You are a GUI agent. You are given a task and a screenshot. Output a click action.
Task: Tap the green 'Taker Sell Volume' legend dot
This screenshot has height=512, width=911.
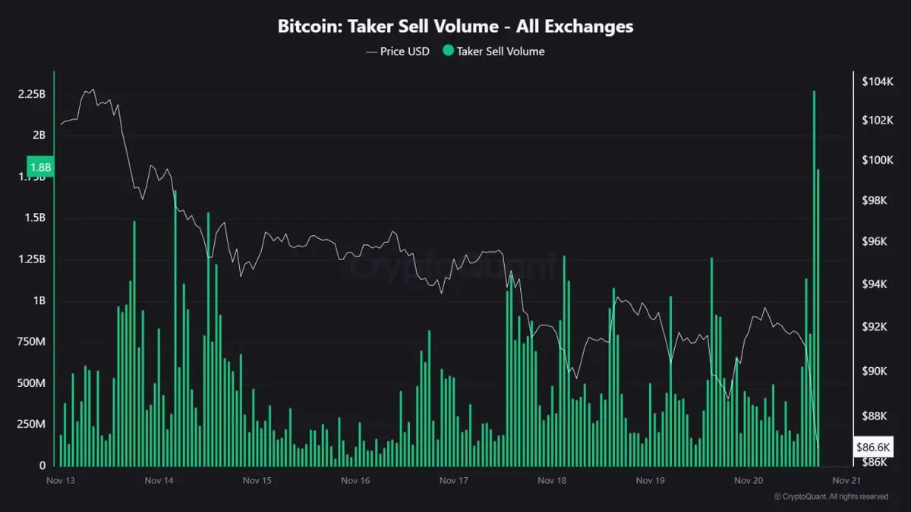point(448,52)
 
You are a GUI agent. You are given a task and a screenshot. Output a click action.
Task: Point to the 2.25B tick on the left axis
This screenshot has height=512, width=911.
point(32,94)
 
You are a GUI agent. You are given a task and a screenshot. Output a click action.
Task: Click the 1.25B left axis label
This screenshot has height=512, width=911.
point(32,259)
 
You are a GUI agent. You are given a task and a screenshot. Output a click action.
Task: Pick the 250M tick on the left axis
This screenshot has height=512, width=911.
point(32,424)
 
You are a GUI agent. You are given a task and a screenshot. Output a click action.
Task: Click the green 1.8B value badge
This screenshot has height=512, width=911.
point(39,166)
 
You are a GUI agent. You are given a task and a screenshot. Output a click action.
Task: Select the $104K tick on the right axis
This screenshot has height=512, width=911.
point(877,80)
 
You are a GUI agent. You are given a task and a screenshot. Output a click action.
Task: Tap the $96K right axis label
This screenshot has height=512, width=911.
point(877,241)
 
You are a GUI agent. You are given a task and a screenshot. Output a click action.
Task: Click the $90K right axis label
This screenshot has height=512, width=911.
point(877,371)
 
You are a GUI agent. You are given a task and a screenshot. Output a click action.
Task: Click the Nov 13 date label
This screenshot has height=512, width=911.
point(60,480)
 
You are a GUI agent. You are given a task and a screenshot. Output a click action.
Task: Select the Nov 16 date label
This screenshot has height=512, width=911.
point(355,480)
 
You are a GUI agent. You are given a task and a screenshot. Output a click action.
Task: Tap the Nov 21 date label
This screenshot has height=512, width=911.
point(846,480)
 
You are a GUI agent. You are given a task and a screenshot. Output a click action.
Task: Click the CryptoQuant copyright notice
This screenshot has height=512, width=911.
point(831,497)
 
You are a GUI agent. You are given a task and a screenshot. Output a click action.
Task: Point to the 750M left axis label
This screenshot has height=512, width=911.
point(32,342)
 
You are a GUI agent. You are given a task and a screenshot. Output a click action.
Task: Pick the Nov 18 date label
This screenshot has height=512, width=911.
point(552,480)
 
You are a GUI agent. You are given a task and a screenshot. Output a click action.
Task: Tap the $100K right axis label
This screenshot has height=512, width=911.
point(877,160)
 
